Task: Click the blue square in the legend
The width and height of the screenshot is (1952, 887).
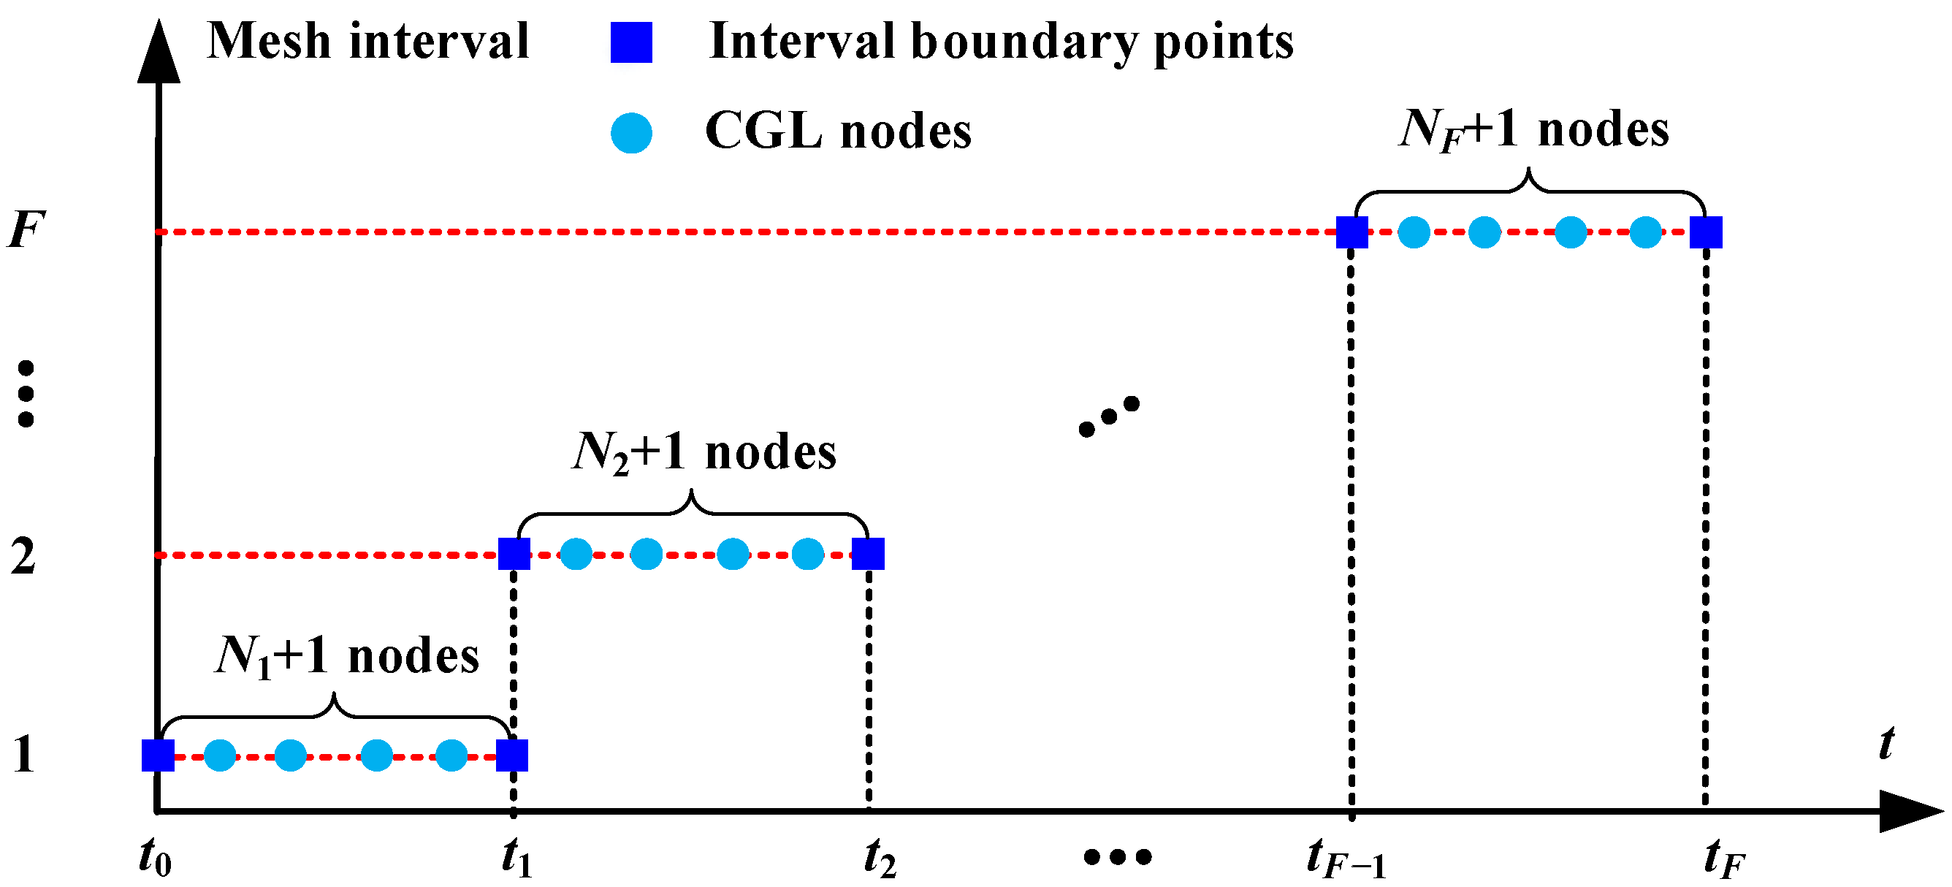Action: pos(631,42)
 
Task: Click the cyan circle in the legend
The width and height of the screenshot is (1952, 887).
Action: pos(631,134)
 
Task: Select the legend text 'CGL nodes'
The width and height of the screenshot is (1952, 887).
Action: pos(838,132)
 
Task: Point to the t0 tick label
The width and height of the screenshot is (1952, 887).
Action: pos(156,858)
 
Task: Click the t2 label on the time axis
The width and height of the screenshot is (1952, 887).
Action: pos(880,858)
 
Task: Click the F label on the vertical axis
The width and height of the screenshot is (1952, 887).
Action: pos(26,229)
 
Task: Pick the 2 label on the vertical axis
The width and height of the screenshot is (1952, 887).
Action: pos(23,557)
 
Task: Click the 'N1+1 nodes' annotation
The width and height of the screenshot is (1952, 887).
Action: pos(348,656)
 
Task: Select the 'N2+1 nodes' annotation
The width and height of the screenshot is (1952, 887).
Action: pos(704,452)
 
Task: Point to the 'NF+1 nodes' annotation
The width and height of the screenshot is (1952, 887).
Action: pos(1533,129)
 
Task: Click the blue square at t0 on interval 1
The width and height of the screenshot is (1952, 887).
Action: pos(158,755)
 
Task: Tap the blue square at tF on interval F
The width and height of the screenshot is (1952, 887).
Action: pos(1706,232)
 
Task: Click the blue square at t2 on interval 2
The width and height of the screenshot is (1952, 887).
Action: pos(868,554)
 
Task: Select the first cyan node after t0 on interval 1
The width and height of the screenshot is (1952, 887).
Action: pos(221,755)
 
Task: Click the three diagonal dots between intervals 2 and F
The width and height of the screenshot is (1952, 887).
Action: pos(1109,416)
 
